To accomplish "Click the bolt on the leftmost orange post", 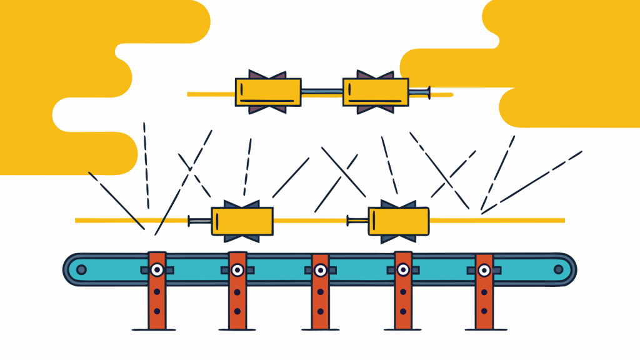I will pos(156,270).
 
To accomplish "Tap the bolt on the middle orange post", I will pos(320,271).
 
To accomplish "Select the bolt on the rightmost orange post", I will pos(484,270).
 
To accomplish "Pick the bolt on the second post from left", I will pos(237,270).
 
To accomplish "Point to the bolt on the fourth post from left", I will pos(403,270).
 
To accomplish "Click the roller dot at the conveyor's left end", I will pos(81,270).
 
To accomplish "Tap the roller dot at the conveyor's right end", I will pos(558,270).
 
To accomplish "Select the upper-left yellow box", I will pos(268,92).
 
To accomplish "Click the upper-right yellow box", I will pos(376,92).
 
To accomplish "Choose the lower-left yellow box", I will pos(242,221).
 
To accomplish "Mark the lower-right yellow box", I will pos(399,221).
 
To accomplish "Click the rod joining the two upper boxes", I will pos(322,94).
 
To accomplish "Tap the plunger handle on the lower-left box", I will pos(191,220).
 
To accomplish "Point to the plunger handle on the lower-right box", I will pos(349,220).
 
